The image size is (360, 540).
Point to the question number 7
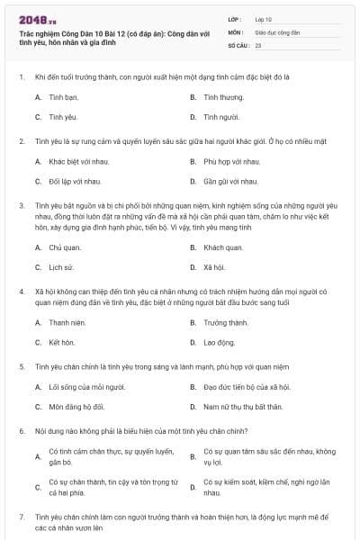click(x=21, y=517)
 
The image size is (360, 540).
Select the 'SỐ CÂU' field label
click(x=238, y=44)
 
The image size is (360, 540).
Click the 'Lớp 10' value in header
click(x=264, y=19)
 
